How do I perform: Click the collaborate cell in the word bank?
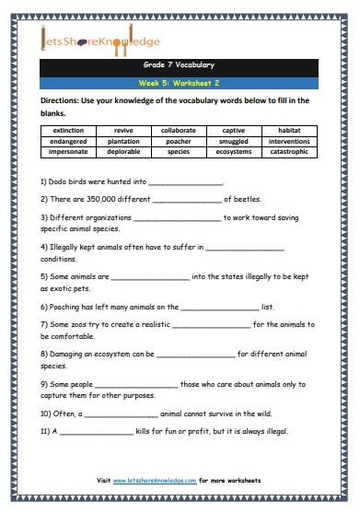click(x=179, y=131)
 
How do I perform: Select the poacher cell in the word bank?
click(x=179, y=143)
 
